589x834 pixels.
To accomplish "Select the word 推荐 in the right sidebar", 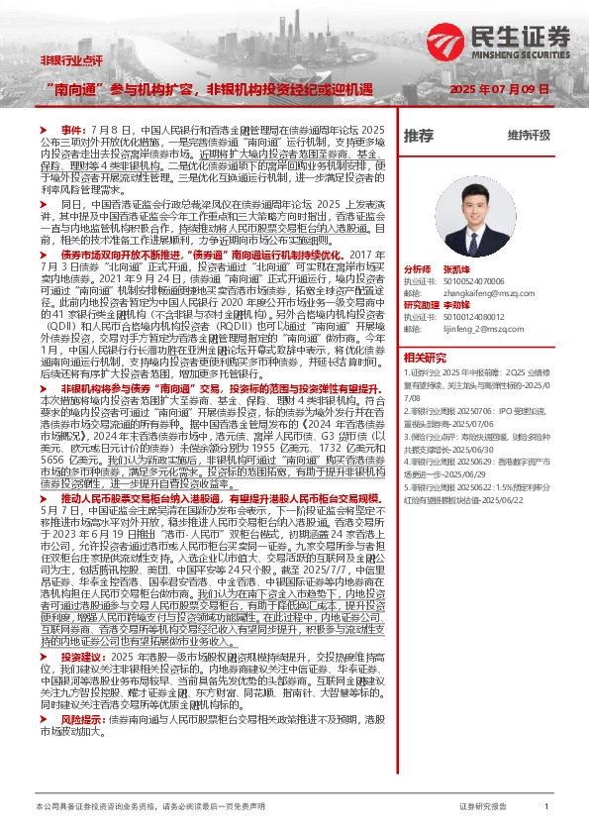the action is pyautogui.click(x=419, y=136).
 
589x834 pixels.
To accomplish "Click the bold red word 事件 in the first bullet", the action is pyautogui.click(x=74, y=130).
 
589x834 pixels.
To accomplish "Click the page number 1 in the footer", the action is pyautogui.click(x=545, y=808).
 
